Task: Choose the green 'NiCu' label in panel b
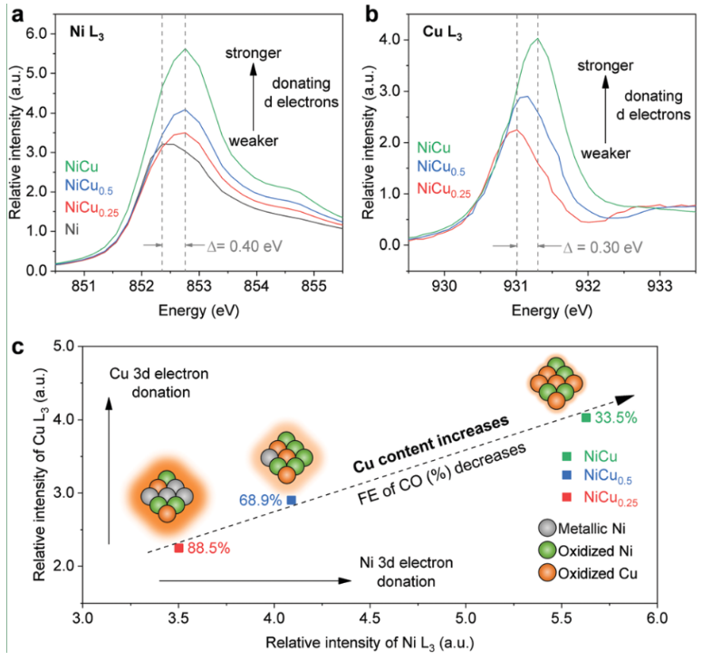tap(435, 147)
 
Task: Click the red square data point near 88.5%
tap(178, 548)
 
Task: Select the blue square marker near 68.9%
tap(291, 500)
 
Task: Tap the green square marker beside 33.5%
tap(586, 417)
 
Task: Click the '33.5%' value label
tap(617, 417)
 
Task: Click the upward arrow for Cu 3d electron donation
tap(109, 471)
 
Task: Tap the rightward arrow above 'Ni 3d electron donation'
tap(254, 581)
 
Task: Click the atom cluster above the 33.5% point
tap(555, 383)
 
